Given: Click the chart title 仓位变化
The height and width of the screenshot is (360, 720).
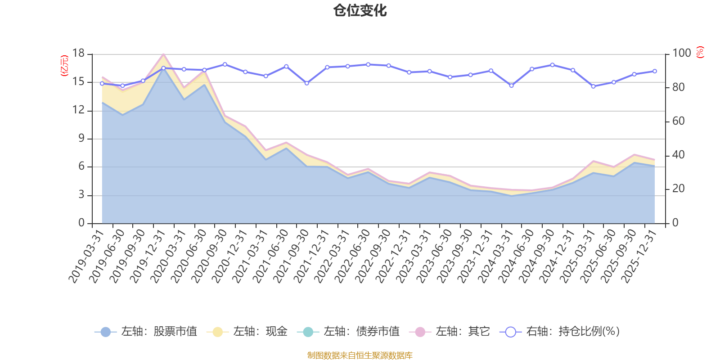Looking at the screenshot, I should click(x=360, y=10).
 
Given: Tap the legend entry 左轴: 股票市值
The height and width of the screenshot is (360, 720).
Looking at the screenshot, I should click(x=146, y=332).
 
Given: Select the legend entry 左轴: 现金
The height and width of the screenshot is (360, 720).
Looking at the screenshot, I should click(x=247, y=332).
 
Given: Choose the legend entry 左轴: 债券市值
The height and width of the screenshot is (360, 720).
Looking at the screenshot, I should click(x=348, y=332).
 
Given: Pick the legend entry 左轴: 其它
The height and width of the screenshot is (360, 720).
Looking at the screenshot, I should click(x=450, y=332).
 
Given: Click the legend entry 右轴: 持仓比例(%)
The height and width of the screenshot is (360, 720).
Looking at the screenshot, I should click(x=560, y=332).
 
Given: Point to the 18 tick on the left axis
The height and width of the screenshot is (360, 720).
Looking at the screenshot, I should click(x=79, y=54).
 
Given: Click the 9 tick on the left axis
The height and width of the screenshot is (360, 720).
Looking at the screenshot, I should click(x=81, y=139).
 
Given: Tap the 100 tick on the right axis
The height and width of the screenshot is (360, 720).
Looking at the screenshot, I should click(x=681, y=54).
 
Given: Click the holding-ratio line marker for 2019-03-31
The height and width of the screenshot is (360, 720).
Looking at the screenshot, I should click(x=102, y=83).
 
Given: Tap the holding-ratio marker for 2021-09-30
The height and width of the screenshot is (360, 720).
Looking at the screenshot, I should click(x=307, y=83).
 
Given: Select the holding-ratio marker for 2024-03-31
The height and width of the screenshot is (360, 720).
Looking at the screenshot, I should click(x=511, y=85).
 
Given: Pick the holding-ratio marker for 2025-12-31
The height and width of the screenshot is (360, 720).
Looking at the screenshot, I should click(x=655, y=71).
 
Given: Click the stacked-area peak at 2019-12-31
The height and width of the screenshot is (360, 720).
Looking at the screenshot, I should click(x=163, y=54).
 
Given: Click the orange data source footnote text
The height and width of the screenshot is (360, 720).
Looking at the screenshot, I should click(x=360, y=355).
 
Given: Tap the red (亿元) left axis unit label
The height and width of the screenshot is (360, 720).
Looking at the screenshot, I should click(x=64, y=65).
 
